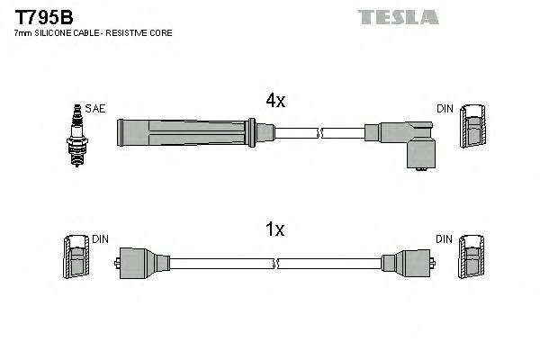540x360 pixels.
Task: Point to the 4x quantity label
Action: (275, 102)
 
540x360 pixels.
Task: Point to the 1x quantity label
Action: (275, 230)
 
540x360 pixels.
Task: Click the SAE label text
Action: (96, 109)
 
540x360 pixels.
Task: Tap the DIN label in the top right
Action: (445, 109)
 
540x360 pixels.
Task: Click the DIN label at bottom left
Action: (100, 239)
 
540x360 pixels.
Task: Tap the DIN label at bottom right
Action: (445, 239)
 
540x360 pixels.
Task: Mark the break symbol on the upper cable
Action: (318, 134)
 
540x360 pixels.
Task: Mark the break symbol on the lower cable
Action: (276, 265)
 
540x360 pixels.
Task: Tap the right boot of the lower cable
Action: (406, 264)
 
